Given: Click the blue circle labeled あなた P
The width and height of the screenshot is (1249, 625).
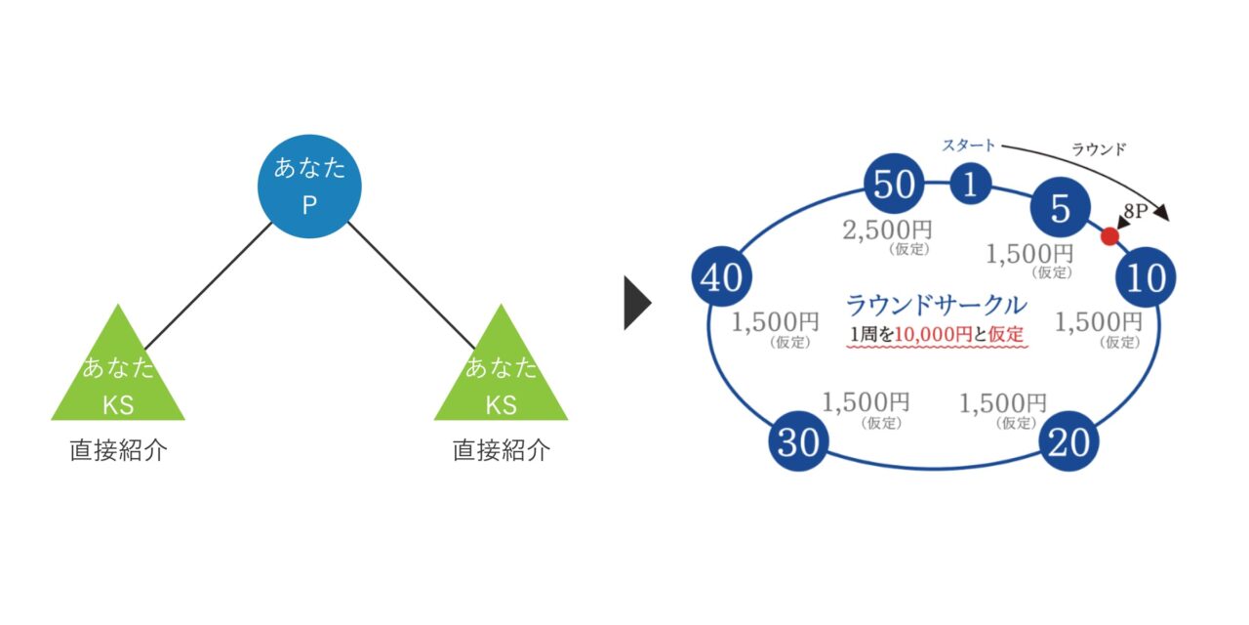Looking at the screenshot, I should point(309,186).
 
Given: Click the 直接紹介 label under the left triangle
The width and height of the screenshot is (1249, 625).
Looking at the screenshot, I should point(118,451).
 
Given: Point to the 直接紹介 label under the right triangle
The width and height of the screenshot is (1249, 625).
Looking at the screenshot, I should point(501,451).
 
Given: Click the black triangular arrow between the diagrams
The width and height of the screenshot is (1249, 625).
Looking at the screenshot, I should point(636,304).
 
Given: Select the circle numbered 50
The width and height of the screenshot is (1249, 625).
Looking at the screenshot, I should point(893,185).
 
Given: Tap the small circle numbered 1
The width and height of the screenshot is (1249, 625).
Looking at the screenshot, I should point(970,185).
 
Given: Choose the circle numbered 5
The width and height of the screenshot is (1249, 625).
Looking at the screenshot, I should point(1060,207).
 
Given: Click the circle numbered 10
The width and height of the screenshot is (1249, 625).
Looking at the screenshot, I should point(1147,278).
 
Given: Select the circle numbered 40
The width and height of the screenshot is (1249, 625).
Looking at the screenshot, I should point(721,278).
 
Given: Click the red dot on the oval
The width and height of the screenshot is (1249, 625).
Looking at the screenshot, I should point(1109,236).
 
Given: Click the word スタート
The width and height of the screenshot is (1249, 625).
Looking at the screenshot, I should point(968,146).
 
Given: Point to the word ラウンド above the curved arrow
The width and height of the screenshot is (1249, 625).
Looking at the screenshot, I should point(1099,149).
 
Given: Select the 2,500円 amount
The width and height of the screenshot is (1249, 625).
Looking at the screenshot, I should point(887,230).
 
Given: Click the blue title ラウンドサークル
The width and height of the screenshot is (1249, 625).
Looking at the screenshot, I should point(936,305).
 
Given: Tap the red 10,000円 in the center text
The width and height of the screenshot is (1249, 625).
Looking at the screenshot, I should point(933,334).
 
